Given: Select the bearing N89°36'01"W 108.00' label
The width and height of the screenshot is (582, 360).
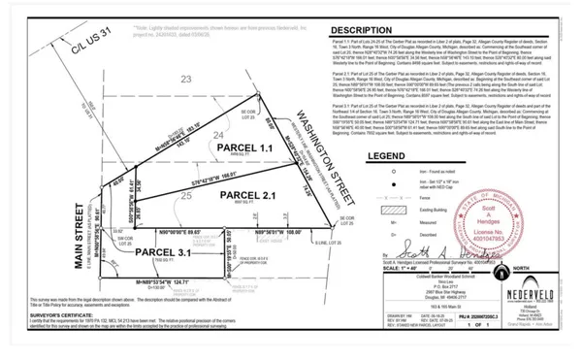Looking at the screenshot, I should [x=275, y=233].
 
